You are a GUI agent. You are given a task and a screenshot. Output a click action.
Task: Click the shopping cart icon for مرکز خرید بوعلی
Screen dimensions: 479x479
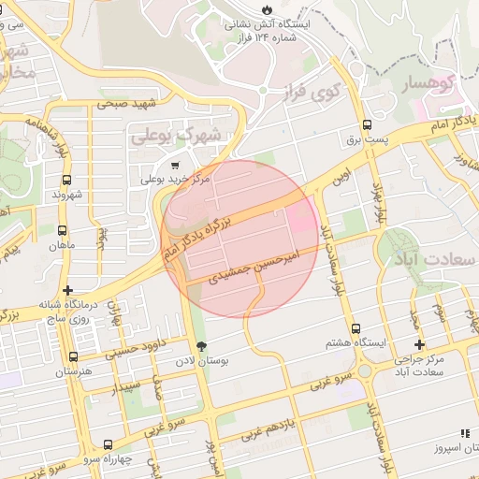click(149, 166)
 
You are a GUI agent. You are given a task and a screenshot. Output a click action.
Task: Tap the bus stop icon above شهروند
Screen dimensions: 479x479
click(65, 180)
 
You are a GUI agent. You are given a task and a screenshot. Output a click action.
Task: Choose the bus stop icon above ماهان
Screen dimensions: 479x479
click(63, 230)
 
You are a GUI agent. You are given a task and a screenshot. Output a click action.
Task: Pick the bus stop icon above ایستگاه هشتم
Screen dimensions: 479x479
click(356, 329)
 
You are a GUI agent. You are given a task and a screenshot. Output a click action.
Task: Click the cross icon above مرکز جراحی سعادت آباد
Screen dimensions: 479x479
click(420, 344)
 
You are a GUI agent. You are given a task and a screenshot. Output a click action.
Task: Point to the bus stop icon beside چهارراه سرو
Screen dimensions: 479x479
click(109, 444)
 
